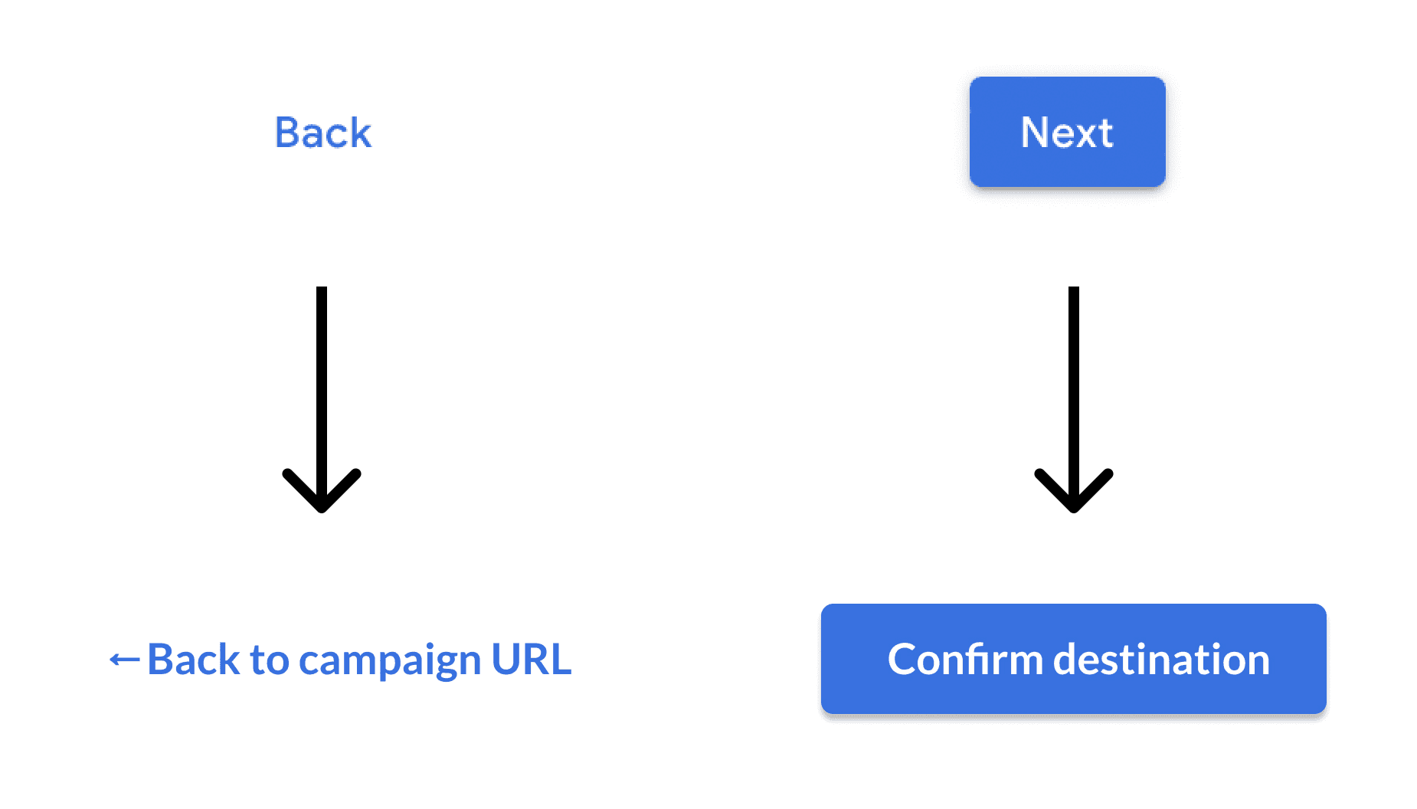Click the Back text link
[322, 133]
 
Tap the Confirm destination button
[1073, 659]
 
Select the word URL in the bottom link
[531, 659]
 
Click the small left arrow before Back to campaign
[124, 659]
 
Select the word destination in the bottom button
[1161, 659]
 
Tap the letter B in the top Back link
[286, 133]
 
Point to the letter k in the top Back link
[360, 133]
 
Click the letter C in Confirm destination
[903, 659]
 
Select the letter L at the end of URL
[561, 659]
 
